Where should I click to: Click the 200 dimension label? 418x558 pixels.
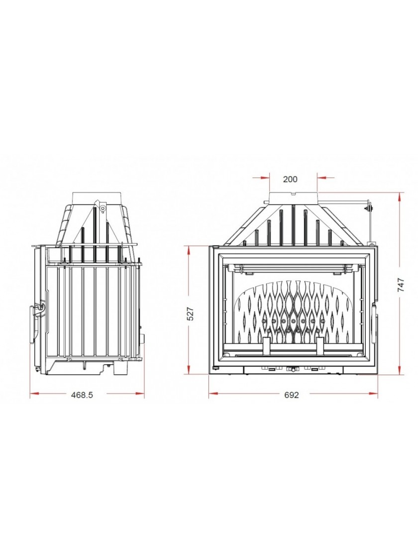[290, 179]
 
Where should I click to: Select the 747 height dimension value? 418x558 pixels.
[401, 285]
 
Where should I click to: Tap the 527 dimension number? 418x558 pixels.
[191, 313]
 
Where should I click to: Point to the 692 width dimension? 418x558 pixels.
[292, 395]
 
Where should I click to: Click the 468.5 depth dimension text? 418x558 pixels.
[82, 395]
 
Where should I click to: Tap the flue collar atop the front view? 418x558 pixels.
[293, 198]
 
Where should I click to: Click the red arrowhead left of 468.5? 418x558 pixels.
[34, 393]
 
